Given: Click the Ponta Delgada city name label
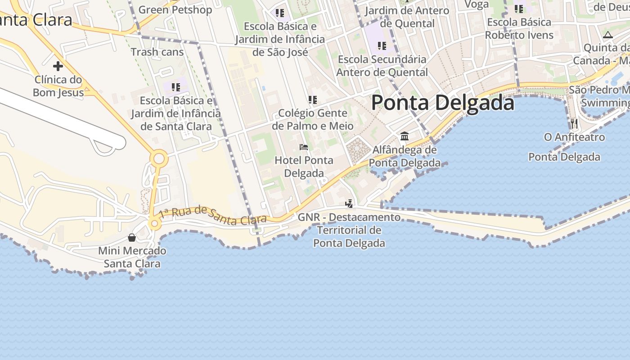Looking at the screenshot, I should [x=443, y=103].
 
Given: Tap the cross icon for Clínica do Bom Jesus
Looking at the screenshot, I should [x=58, y=66].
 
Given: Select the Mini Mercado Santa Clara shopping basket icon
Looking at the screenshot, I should [x=132, y=237].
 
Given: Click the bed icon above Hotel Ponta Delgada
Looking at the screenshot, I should [x=304, y=147].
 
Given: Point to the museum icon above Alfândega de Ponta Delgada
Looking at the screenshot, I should [x=404, y=136].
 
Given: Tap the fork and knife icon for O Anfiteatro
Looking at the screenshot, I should [x=574, y=123].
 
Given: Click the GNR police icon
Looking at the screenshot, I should [x=349, y=204].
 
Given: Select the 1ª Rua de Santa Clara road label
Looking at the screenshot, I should [x=213, y=216].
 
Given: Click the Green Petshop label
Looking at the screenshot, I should [x=175, y=9].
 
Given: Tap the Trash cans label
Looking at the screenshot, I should [x=157, y=52].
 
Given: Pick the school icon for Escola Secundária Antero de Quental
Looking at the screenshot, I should [x=382, y=45].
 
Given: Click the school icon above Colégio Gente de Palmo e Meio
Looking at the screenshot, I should [x=313, y=99].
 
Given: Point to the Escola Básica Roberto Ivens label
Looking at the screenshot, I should [x=519, y=28].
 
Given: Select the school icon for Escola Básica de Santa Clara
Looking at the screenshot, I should [x=175, y=87].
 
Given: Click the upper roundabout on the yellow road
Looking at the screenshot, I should [x=159, y=158].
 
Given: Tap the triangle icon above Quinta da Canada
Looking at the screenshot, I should [x=608, y=35].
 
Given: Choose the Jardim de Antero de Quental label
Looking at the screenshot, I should [x=407, y=17].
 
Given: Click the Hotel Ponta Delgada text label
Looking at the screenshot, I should [x=304, y=166].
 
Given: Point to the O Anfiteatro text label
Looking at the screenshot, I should [x=574, y=137].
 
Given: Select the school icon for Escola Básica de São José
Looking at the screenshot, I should [x=280, y=13].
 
